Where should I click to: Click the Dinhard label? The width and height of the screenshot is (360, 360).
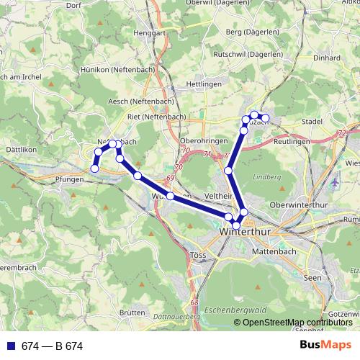[x=328, y=58]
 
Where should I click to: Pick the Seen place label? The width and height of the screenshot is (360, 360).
[x=312, y=277]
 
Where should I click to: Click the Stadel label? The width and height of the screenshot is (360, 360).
[x=312, y=122]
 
